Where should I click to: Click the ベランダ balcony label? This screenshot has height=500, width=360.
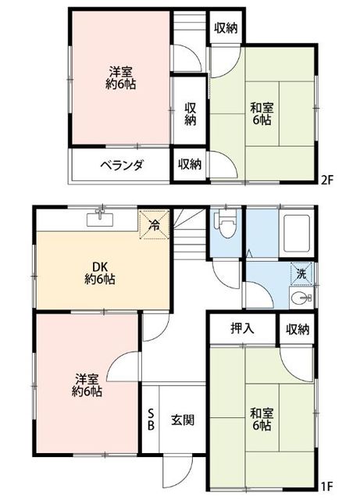[x=122, y=165]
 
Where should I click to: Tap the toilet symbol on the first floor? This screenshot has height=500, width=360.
[x=226, y=224]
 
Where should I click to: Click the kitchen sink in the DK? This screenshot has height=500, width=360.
[x=100, y=219]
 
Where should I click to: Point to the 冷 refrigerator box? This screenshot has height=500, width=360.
[x=155, y=224]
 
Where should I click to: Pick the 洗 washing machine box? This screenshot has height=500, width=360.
[x=301, y=274]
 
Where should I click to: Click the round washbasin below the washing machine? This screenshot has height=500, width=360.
[x=301, y=298]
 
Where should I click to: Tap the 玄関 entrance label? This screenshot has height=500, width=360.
[x=183, y=420]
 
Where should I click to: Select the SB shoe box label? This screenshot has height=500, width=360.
[x=151, y=420]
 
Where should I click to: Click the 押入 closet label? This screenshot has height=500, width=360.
[x=243, y=328]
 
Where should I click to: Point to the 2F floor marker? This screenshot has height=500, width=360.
[x=327, y=180]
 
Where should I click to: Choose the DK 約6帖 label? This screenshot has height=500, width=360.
[x=100, y=273]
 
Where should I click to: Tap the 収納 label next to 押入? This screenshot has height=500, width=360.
[x=298, y=330]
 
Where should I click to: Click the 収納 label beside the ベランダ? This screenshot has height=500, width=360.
[x=190, y=165]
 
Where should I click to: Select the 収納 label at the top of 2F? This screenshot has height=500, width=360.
[x=226, y=28]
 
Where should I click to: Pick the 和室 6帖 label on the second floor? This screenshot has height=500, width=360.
[x=262, y=113]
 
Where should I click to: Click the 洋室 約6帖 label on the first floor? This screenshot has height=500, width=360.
[x=87, y=385]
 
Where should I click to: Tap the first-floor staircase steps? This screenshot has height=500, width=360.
[x=190, y=233]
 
